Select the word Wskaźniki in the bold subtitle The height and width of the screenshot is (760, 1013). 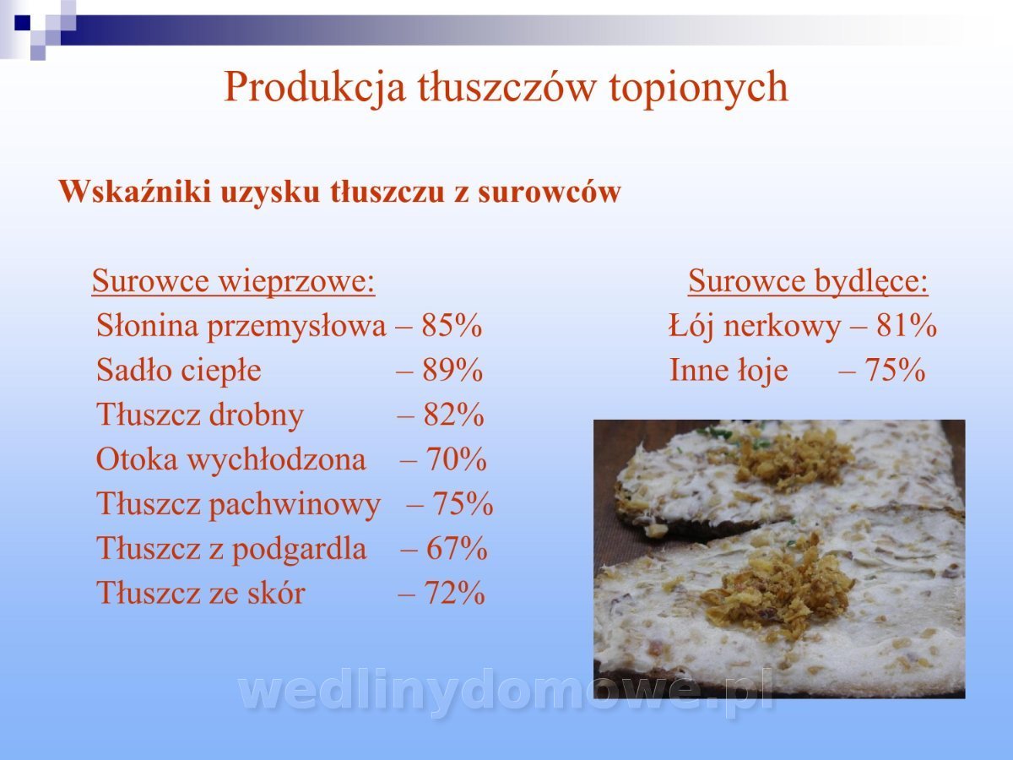click(135, 191)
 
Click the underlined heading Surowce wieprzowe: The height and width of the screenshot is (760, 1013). click(234, 281)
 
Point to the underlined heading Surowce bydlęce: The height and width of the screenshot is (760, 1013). click(808, 281)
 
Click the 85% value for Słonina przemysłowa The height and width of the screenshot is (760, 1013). click(452, 325)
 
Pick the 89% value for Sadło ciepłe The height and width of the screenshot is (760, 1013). click(452, 370)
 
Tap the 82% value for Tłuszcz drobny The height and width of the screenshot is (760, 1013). click(453, 415)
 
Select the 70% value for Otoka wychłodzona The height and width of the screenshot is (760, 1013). click(456, 459)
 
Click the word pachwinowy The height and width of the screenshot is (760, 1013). click(295, 505)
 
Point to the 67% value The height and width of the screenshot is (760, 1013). click(457, 548)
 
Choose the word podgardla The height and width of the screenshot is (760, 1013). click(299, 550)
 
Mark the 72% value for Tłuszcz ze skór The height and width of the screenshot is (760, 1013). click(454, 593)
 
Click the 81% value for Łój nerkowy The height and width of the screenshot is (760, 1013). click(907, 325)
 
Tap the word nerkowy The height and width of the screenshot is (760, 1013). click(783, 326)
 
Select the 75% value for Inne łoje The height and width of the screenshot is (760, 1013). click(895, 370)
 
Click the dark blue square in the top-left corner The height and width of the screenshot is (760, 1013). click(22, 23)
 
